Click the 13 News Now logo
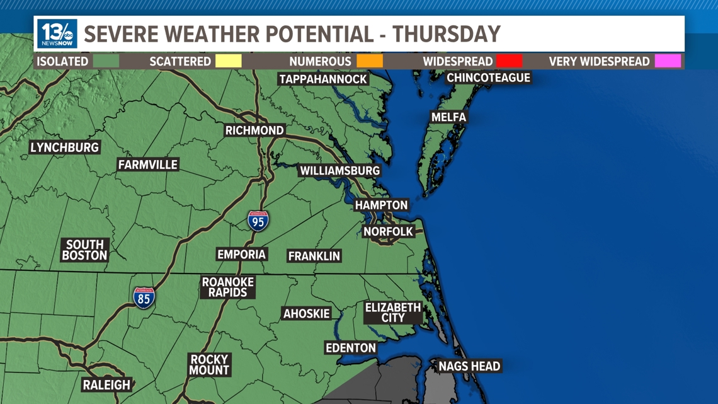coord(57,33)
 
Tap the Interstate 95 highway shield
coord(258,221)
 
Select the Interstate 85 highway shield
coord(144,297)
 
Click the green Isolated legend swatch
coord(106,61)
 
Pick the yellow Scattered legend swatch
coord(228,61)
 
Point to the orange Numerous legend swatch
coord(370,61)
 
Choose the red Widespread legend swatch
coord(509,61)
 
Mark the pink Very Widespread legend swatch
coord(668,61)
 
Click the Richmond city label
coord(254,130)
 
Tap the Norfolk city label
coord(388,232)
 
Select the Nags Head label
coord(469,366)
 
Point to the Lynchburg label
coord(65,147)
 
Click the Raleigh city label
coord(106,384)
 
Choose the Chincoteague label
coord(488,78)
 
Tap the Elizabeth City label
coord(393,313)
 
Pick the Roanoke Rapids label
coord(228,287)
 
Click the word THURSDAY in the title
coord(447,33)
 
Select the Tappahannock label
coord(323,79)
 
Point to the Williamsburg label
coord(339,171)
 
